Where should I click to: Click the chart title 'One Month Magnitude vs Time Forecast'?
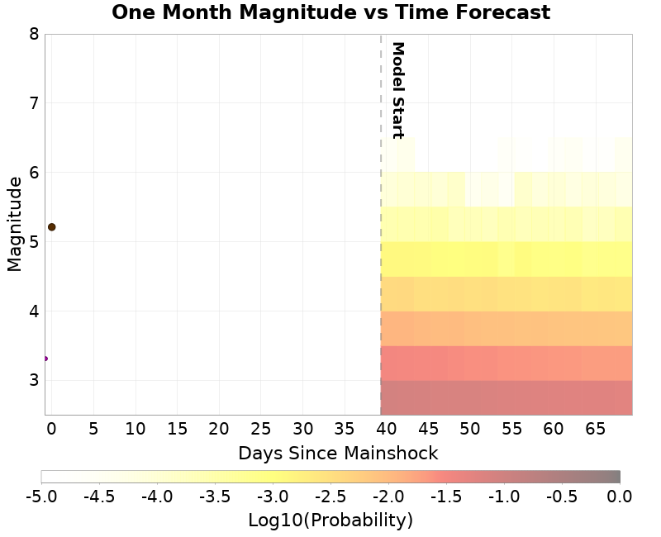click(330, 12)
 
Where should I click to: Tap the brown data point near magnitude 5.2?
click(51, 226)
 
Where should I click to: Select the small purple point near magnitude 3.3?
click(45, 359)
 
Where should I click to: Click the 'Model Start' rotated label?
click(397, 90)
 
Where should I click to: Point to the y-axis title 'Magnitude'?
click(14, 224)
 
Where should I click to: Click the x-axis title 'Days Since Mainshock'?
click(338, 454)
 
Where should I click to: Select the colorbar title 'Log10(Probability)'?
click(330, 520)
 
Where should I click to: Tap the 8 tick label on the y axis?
click(33, 34)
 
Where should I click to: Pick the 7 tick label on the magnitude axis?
click(33, 103)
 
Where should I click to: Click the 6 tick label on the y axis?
click(33, 173)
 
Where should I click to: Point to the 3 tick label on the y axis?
click(33, 381)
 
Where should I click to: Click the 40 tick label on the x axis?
click(386, 429)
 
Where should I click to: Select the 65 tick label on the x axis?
click(595, 429)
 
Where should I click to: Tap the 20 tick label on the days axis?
click(218, 429)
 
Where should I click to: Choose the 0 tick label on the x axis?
click(51, 429)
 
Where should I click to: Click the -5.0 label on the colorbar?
click(41, 496)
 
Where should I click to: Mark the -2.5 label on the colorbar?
click(330, 496)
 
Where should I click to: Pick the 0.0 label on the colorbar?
click(620, 496)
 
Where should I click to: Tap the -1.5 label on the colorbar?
click(446, 496)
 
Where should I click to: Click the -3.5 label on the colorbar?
click(215, 496)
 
